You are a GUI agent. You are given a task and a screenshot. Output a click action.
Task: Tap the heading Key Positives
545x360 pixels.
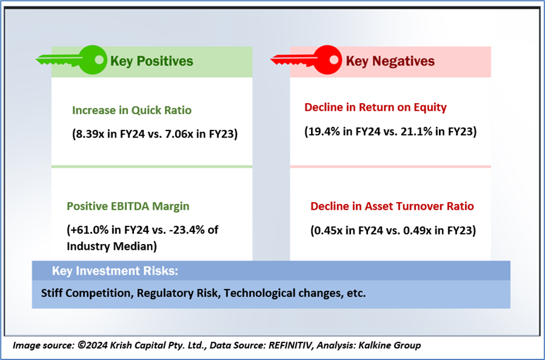click(x=151, y=61)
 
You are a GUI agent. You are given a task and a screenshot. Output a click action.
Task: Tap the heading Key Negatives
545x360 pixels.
click(x=390, y=61)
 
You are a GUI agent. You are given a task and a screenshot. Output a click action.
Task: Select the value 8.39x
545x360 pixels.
click(x=90, y=134)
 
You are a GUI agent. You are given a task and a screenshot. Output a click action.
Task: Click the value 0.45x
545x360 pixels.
click(x=328, y=230)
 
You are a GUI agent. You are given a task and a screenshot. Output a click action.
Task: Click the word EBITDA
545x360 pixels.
click(x=129, y=206)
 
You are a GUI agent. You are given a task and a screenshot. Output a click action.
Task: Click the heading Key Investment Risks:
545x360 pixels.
click(x=115, y=271)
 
